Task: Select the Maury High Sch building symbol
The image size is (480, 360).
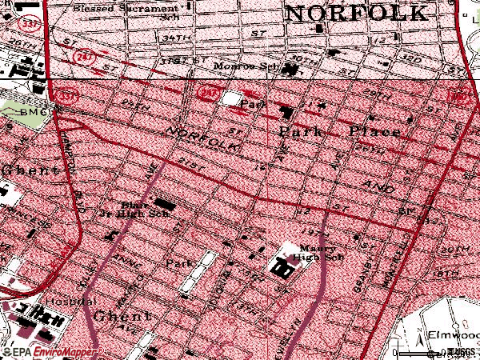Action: click(284, 269)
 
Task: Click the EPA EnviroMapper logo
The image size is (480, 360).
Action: click(48, 352)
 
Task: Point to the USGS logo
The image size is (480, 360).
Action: click(459, 352)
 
